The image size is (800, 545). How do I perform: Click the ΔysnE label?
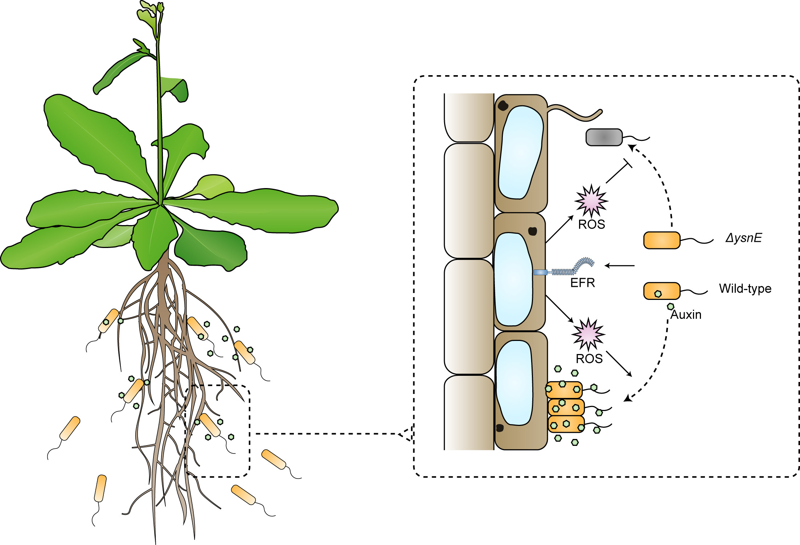coord(743,238)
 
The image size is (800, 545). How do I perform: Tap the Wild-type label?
coord(745,289)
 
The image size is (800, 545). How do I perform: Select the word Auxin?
coord(686,315)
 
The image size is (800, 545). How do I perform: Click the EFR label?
coord(582,283)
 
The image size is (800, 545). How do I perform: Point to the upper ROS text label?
coord(591,225)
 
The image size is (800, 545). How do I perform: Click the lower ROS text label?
coord(589,359)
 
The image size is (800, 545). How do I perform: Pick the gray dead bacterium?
coord(604,137)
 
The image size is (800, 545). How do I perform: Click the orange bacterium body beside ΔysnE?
coord(662,240)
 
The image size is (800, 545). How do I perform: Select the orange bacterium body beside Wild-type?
coord(662,291)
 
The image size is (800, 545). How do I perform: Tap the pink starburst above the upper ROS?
coord(591,201)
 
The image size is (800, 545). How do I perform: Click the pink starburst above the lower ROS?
coord(588,334)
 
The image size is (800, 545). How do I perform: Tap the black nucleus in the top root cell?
coord(503,106)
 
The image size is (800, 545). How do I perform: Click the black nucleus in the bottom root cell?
coord(500,428)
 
